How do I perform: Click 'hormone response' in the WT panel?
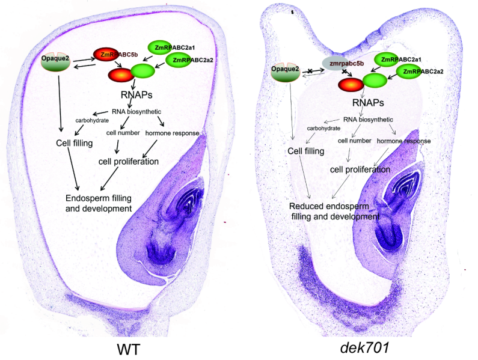(173, 132)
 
